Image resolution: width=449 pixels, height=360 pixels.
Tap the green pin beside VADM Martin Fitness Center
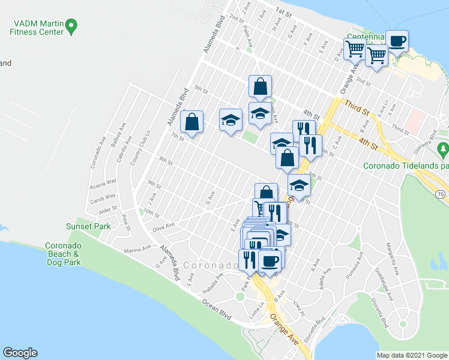point(71,26)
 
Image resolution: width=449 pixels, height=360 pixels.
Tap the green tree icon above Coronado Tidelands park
point(444,148)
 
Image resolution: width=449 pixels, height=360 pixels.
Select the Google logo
point(20,353)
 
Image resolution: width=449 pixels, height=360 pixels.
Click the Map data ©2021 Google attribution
point(412,355)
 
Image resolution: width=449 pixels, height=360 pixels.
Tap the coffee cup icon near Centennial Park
point(397,41)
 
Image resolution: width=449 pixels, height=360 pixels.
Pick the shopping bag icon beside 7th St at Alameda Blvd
point(191,122)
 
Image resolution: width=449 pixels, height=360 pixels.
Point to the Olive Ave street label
point(164,226)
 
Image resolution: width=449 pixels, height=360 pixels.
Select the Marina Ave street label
point(138,248)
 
